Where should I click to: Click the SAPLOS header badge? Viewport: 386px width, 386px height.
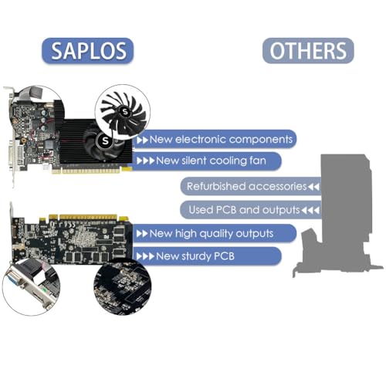87,51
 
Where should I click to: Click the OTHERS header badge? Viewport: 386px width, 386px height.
308,50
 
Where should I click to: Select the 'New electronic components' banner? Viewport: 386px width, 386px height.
215,139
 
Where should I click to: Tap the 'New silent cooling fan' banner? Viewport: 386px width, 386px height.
206,161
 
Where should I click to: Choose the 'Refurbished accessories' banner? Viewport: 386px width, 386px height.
251,186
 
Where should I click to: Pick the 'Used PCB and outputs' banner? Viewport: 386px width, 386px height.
251,210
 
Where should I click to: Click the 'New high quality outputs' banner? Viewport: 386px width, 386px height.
215,233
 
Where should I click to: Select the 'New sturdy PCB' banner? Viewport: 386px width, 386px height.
207,256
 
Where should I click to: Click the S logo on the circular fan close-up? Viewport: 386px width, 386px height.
125,112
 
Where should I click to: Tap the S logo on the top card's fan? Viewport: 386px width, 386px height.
105,141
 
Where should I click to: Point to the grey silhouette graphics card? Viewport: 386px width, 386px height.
338,215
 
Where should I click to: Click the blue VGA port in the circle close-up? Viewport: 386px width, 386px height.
17,280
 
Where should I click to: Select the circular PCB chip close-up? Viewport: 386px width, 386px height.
123,288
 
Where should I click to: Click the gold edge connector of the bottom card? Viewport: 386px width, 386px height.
84,217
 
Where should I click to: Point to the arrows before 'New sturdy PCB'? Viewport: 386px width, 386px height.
145,256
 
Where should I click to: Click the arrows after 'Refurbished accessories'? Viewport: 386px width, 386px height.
313,187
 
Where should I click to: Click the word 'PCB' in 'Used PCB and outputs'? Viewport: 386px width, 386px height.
226,210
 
